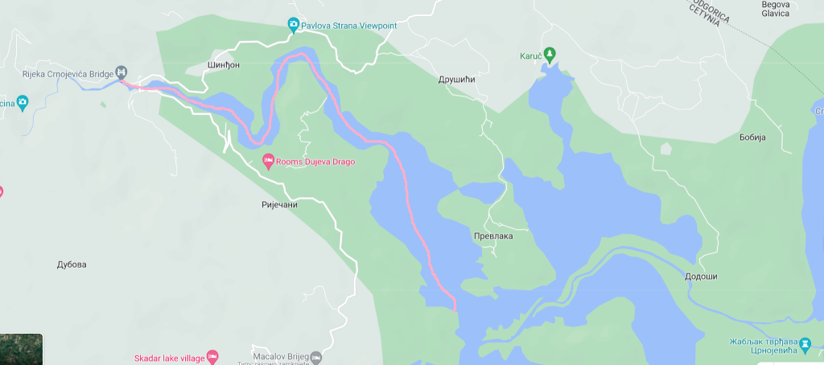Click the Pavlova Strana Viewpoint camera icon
(294, 26)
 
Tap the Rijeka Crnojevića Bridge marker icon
(122, 72)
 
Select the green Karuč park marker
(550, 55)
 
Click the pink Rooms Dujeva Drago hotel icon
(269, 162)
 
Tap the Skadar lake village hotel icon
(212, 356)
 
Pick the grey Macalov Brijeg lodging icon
(316, 356)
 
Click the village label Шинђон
(224, 64)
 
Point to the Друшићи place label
(457, 80)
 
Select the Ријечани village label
(279, 204)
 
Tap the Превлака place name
(492, 236)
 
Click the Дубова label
(72, 265)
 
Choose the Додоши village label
(700, 277)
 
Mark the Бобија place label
(752, 137)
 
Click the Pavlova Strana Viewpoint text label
(350, 26)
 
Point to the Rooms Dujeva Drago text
(315, 162)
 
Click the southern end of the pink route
(455, 308)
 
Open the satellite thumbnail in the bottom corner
(21, 350)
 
